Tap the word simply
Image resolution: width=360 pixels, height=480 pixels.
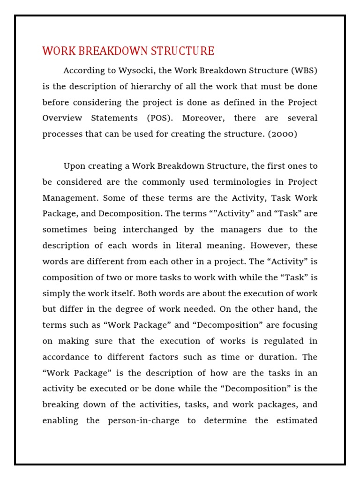click(56, 293)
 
